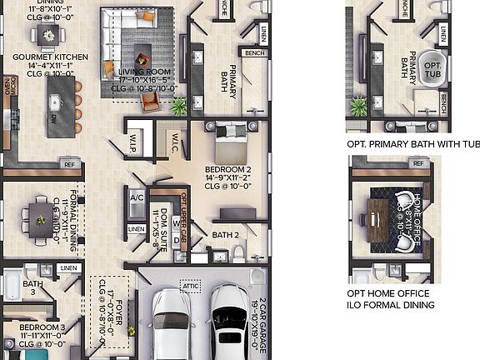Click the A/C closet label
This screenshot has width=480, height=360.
point(137,197)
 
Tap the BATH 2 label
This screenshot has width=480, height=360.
point(225,235)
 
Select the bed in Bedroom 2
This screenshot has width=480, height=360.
point(231,142)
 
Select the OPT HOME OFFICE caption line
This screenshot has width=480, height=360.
point(388,293)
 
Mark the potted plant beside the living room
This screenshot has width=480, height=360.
point(178,106)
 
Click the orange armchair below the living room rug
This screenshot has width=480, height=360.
point(149,101)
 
